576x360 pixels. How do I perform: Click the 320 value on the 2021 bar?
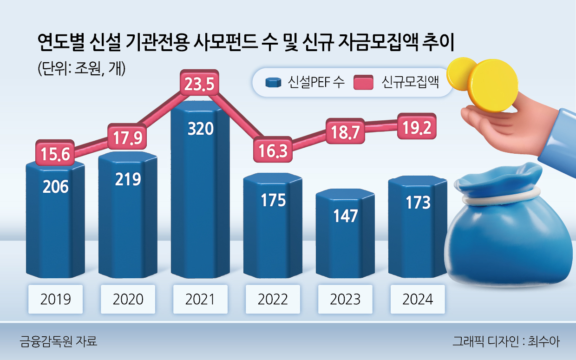pos(200,128)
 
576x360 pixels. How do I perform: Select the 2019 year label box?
pos(56,299)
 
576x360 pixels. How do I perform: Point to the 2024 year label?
pos(418,299)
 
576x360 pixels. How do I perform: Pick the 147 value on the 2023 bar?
pos(345,216)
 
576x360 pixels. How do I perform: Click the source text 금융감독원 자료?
pos(59,342)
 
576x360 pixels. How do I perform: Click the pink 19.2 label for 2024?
pos(418,125)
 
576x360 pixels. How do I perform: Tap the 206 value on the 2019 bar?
pos(55,187)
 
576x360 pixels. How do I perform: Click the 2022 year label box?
pos(273,299)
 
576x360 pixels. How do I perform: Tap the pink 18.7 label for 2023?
pos(345,132)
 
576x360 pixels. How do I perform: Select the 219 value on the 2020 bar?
pos(128,179)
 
